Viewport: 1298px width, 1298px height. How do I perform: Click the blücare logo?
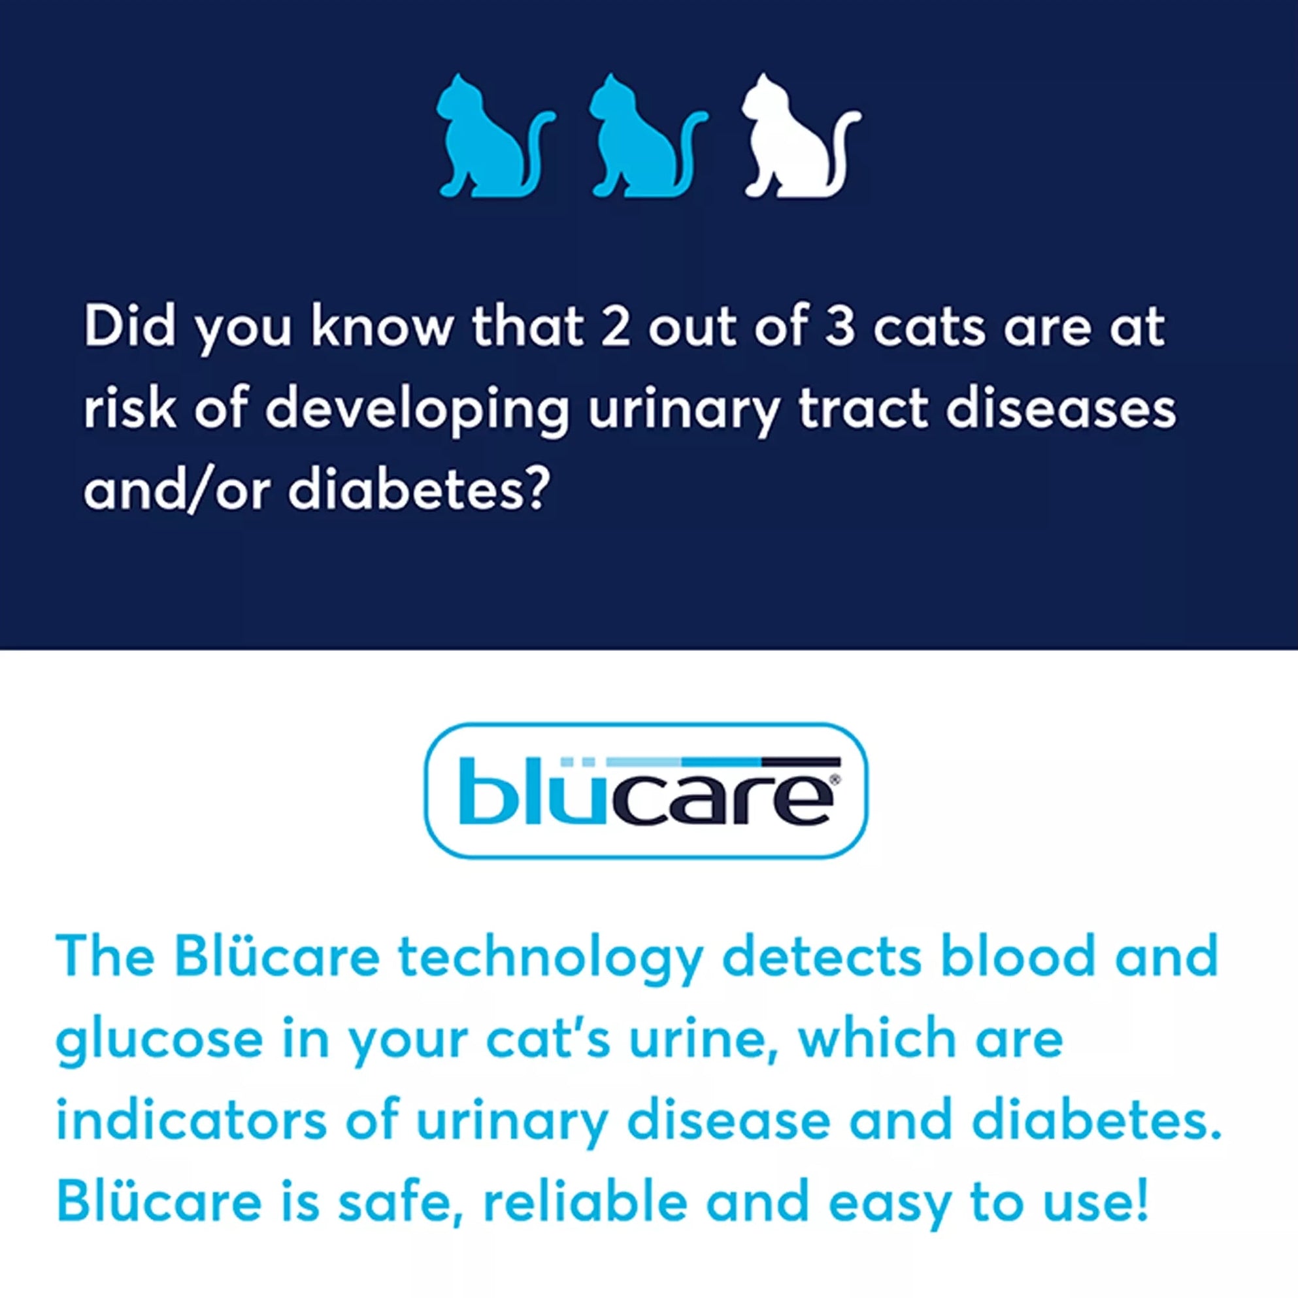click(x=647, y=790)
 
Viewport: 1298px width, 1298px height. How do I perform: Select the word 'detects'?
click(x=822, y=956)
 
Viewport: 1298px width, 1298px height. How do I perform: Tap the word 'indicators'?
click(x=191, y=1120)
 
